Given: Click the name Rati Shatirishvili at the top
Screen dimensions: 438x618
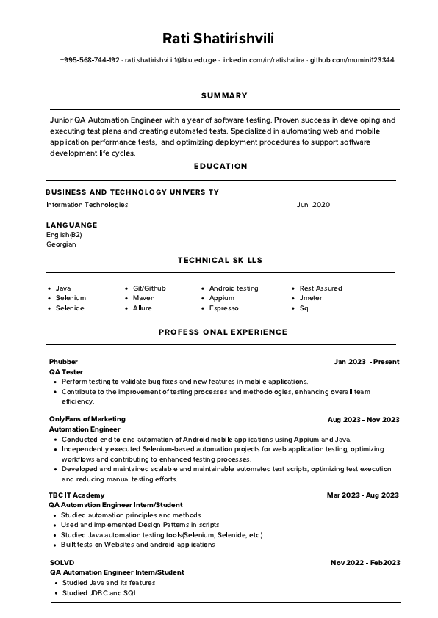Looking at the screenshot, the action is [x=218, y=37].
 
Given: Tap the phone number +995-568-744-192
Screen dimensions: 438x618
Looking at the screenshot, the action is [x=90, y=60].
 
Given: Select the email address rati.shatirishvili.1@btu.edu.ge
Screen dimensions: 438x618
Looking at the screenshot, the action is [x=170, y=60].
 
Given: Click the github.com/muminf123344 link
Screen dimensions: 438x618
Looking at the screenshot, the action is [x=351, y=60].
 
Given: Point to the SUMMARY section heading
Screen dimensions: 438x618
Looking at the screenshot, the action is [x=224, y=95].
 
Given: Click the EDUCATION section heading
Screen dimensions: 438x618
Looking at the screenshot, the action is [x=220, y=167].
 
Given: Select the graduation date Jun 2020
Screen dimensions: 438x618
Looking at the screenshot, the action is [x=313, y=205].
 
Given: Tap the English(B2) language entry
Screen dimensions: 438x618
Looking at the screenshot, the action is [x=64, y=235].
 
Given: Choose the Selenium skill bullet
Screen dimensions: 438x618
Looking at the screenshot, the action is [x=71, y=298].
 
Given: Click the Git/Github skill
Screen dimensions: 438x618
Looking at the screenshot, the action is [x=149, y=288].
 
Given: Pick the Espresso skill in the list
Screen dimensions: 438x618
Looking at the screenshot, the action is [x=224, y=308].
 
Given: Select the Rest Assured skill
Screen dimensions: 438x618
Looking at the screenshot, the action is [x=320, y=288].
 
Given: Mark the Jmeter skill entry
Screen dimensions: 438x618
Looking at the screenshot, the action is [x=312, y=298].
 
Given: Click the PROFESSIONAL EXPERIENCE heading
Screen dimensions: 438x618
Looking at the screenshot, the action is [x=223, y=332].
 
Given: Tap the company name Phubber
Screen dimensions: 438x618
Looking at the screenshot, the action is [x=63, y=362].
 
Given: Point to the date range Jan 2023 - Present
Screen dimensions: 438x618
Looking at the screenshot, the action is [x=366, y=362].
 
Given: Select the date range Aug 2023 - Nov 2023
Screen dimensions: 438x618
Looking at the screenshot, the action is [x=363, y=420].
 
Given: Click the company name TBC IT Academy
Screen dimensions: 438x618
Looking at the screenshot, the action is [x=76, y=495].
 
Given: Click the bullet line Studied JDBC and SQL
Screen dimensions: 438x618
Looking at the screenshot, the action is [x=99, y=592].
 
